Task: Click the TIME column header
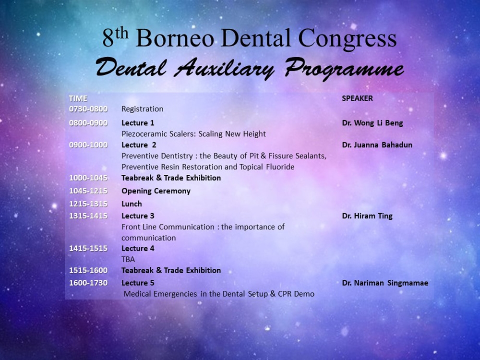pyautogui.click(x=78, y=98)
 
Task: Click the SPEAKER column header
pyautogui.click(x=357, y=98)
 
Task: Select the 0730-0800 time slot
pyautogui.click(x=88, y=109)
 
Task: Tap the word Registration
pyautogui.click(x=143, y=109)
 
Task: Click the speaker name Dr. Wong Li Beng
pyautogui.click(x=372, y=123)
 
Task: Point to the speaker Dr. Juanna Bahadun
pyautogui.click(x=377, y=145)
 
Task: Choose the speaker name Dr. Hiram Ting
pyautogui.click(x=367, y=216)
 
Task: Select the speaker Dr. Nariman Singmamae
pyautogui.click(x=385, y=283)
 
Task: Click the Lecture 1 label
pyautogui.click(x=138, y=123)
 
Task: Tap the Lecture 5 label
pyautogui.click(x=138, y=283)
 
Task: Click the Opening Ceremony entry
pyautogui.click(x=156, y=192)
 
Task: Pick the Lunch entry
pyautogui.click(x=132, y=204)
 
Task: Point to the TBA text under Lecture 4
pyautogui.click(x=128, y=260)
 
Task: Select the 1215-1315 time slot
pyautogui.click(x=88, y=204)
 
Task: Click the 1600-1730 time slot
pyautogui.click(x=88, y=283)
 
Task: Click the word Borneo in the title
pyautogui.click(x=175, y=38)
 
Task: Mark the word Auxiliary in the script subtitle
pyautogui.click(x=224, y=69)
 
